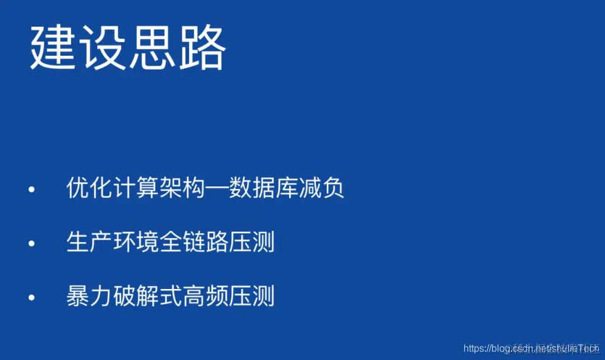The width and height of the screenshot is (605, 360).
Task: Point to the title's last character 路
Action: pos(202,48)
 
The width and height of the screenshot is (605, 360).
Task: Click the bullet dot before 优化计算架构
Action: pos(32,190)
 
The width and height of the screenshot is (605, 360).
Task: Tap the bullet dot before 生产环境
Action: pos(32,243)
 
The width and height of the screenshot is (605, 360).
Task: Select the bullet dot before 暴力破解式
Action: pos(32,297)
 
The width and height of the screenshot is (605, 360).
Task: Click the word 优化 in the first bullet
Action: pos(89,189)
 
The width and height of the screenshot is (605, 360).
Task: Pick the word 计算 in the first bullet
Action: pos(135,189)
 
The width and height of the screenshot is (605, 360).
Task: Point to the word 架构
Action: pos(182,189)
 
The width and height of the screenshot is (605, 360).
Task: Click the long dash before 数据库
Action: pos(217,189)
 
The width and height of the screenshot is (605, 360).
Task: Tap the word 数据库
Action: pos(263,189)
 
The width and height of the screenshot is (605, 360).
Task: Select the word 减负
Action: pos(321,189)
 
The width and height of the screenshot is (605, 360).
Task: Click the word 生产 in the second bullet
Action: pos(89,242)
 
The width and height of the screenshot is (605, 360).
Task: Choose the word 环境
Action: pos(135,242)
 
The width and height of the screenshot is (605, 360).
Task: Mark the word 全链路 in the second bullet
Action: pos(194,242)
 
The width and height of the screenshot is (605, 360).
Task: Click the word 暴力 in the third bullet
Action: pos(89,296)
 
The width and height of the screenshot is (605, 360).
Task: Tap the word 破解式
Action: pos(147,296)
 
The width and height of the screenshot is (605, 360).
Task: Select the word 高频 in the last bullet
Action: pos(205,296)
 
